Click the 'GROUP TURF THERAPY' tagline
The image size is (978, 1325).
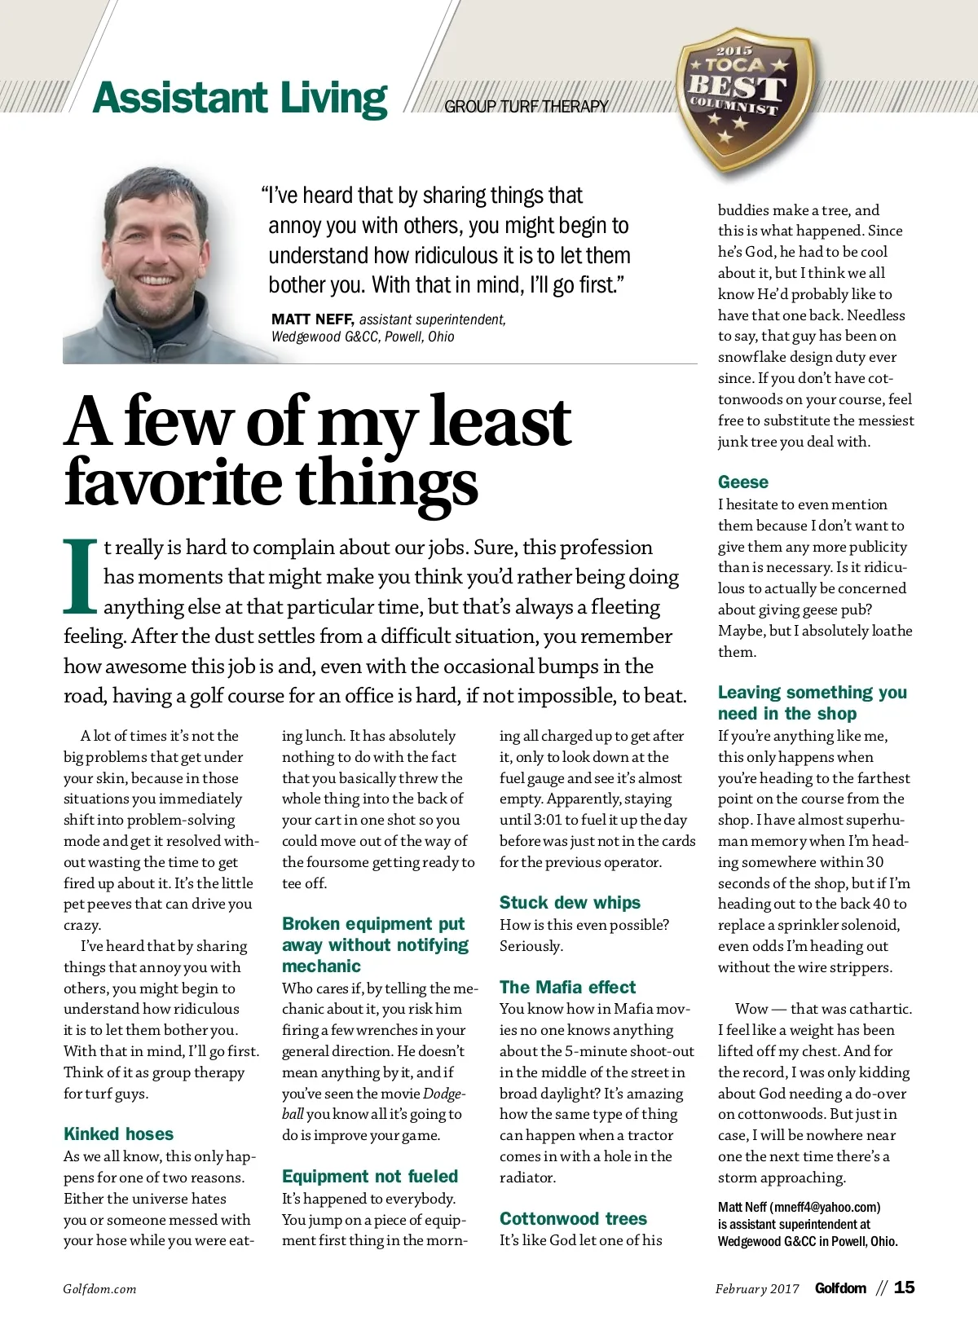point(526,106)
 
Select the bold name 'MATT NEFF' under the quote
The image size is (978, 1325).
point(312,319)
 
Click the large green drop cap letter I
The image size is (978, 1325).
point(81,575)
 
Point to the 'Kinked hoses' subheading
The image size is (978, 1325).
point(118,1134)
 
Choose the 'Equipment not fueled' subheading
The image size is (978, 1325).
point(370,1176)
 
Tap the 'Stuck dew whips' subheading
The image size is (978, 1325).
point(570,902)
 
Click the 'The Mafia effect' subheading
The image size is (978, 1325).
point(567,987)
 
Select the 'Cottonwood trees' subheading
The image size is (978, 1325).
point(573,1218)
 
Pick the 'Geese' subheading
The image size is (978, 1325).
point(742,482)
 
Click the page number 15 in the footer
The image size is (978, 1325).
point(904,1288)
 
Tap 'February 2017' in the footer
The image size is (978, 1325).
point(757,1288)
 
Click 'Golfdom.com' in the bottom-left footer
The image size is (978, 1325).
point(99,1288)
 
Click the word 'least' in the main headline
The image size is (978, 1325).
point(500,421)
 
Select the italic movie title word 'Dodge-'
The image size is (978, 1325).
point(444,1093)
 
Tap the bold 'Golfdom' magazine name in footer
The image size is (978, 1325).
point(840,1288)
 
